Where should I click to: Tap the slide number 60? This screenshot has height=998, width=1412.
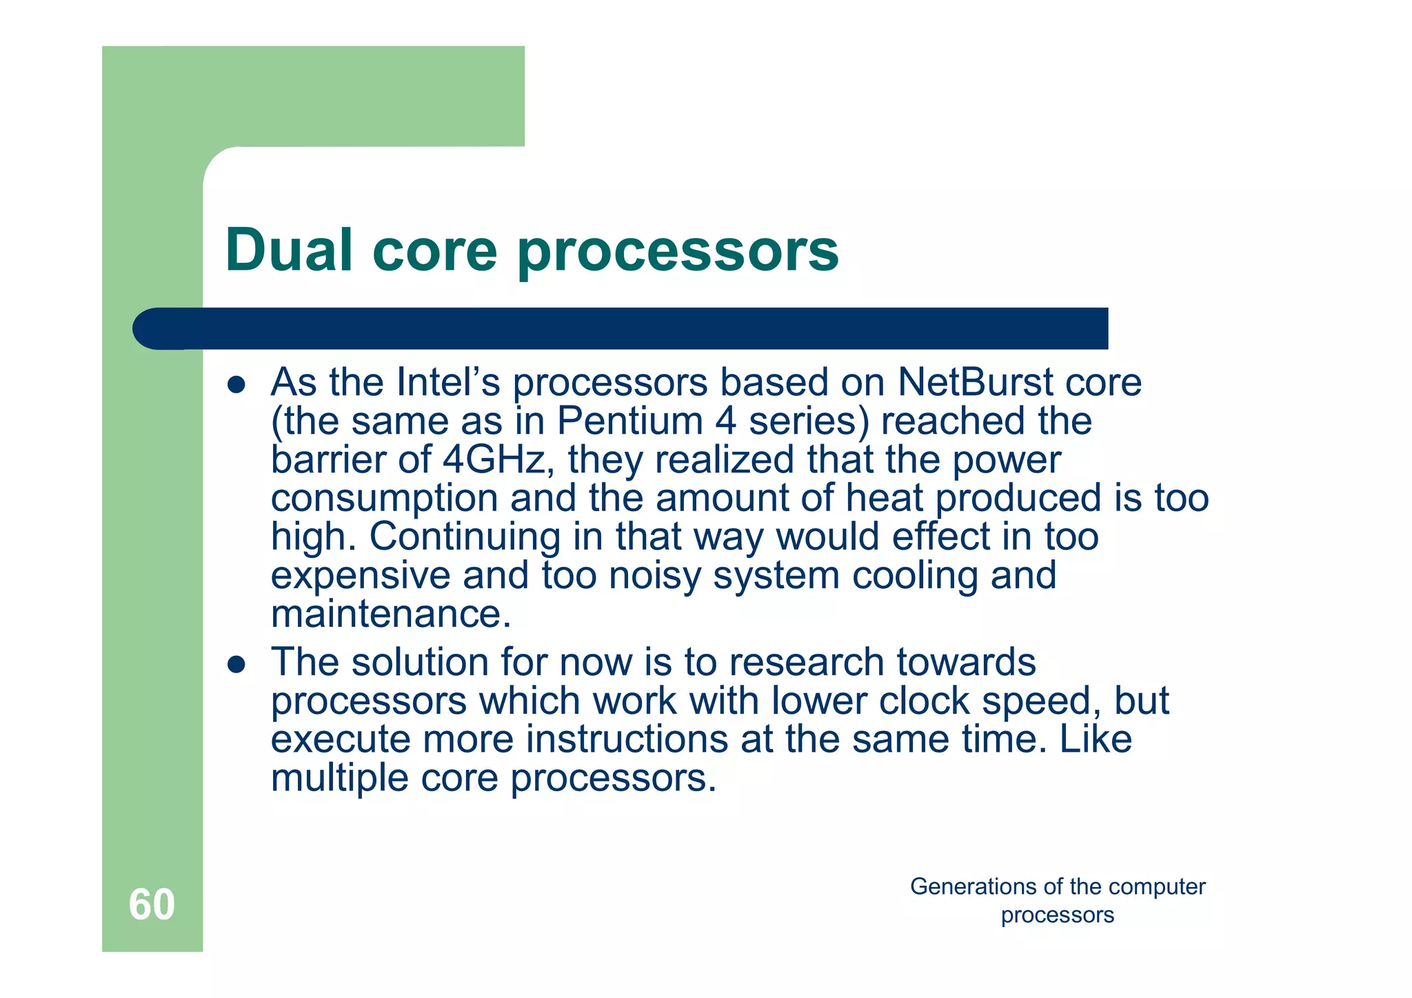pos(152,904)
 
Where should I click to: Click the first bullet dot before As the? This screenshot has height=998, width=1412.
pos(236,385)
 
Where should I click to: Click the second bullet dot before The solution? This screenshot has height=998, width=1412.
pos(236,664)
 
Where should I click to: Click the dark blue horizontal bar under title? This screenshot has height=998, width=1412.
pos(621,328)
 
